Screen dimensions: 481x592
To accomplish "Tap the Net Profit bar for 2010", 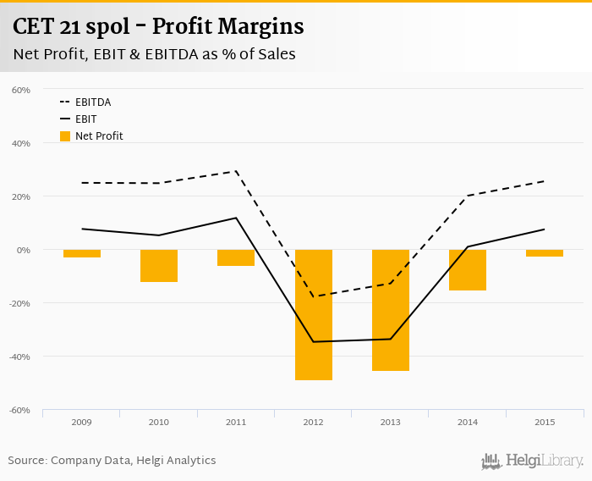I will click(159, 265).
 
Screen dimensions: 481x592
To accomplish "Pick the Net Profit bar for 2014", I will click(468, 270).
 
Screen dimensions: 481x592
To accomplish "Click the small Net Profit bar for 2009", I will click(82, 253).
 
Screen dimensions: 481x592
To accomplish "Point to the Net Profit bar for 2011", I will click(236, 257).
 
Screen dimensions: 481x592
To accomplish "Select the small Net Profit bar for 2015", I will click(545, 253).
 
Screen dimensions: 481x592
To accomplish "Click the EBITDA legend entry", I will click(93, 102).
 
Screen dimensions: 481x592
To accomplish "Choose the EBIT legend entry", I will click(85, 119).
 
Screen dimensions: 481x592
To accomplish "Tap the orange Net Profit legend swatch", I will click(65, 135).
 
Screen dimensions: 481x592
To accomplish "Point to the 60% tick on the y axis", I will click(21, 90).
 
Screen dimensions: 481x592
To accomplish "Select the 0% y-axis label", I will click(23, 250).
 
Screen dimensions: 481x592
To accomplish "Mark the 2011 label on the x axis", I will click(236, 422).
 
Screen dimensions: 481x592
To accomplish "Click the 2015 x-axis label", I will click(545, 422).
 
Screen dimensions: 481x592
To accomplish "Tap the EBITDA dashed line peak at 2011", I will click(236, 171).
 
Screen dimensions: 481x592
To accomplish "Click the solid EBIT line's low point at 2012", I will click(313, 341).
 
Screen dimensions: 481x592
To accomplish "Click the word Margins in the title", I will click(256, 27).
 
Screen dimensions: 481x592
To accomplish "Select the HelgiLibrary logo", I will click(533, 462).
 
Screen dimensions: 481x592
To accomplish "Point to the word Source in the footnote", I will click(26, 461).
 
